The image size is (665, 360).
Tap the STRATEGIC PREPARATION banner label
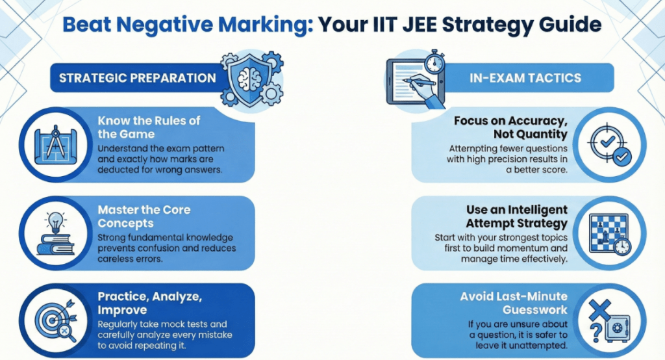[x=137, y=78]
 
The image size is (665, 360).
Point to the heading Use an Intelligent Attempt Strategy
[x=516, y=216]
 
